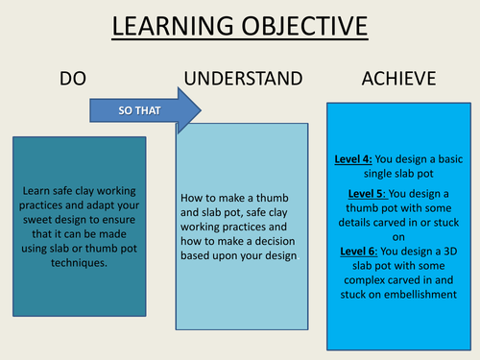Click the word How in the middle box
[191, 198]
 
